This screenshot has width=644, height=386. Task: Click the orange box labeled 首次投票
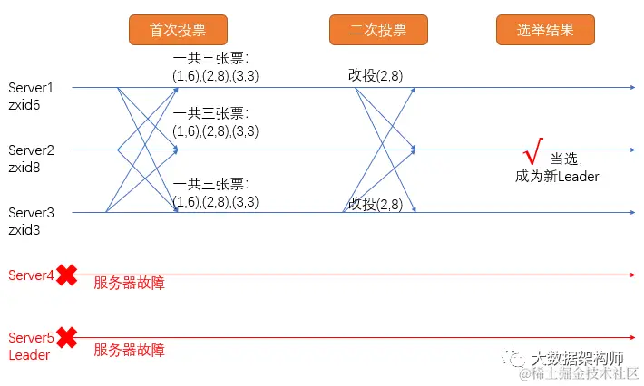(179, 30)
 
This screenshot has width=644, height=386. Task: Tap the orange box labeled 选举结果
(546, 30)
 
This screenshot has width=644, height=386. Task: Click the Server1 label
(31, 88)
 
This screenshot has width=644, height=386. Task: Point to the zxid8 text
(24, 167)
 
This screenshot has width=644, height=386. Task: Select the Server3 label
(31, 212)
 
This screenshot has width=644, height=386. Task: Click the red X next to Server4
(66, 275)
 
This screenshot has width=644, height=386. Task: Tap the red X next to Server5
(66, 338)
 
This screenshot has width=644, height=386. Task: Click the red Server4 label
(31, 275)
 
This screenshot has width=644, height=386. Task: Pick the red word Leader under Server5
(29, 354)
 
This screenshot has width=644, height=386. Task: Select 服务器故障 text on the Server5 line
(129, 349)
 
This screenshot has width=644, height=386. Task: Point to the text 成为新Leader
(557, 176)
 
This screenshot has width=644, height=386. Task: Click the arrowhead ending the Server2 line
(632, 150)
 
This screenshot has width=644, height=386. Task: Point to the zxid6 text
(24, 104)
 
